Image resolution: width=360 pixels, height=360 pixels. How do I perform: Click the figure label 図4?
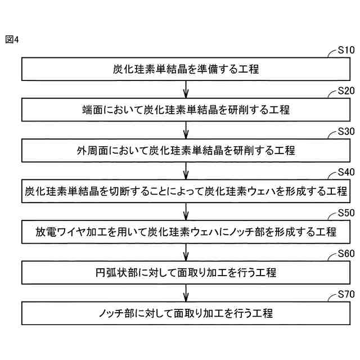click(12, 39)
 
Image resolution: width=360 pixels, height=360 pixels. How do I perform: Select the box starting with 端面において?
click(186, 110)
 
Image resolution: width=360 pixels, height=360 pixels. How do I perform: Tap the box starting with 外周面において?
click(186, 151)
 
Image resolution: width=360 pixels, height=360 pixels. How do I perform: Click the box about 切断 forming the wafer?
click(186, 191)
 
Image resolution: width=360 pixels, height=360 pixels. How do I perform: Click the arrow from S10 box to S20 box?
click(186, 89)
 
